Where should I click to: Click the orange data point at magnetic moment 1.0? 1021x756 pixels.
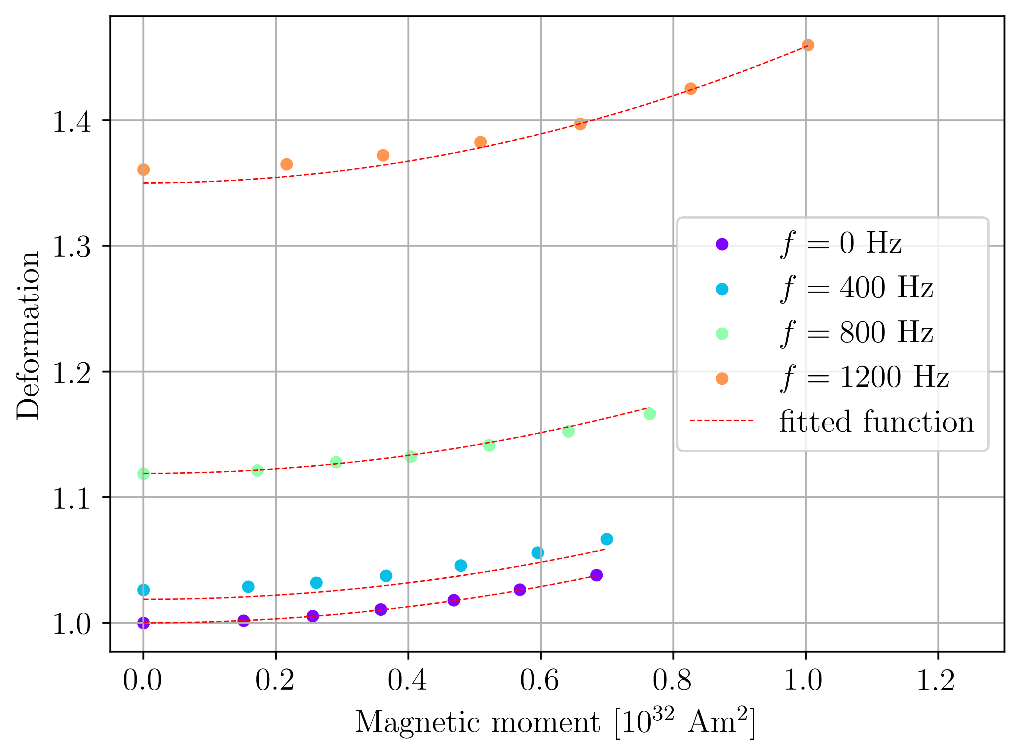(x=808, y=45)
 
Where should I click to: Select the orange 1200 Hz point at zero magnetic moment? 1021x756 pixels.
(x=143, y=170)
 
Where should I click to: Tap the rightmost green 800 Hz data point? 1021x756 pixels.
(x=649, y=414)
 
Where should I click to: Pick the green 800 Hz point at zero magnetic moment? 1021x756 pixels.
(x=143, y=474)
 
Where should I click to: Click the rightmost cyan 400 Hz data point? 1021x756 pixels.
(x=607, y=539)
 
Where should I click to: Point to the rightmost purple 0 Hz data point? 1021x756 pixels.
(x=596, y=575)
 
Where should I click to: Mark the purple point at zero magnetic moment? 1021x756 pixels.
(x=143, y=623)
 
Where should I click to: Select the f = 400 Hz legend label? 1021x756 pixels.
(x=856, y=288)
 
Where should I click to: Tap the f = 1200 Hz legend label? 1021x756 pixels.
(x=864, y=378)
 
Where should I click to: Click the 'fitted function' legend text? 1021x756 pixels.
(x=876, y=422)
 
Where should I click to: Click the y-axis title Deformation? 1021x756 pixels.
(x=28, y=335)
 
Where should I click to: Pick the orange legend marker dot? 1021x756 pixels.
(x=722, y=379)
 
